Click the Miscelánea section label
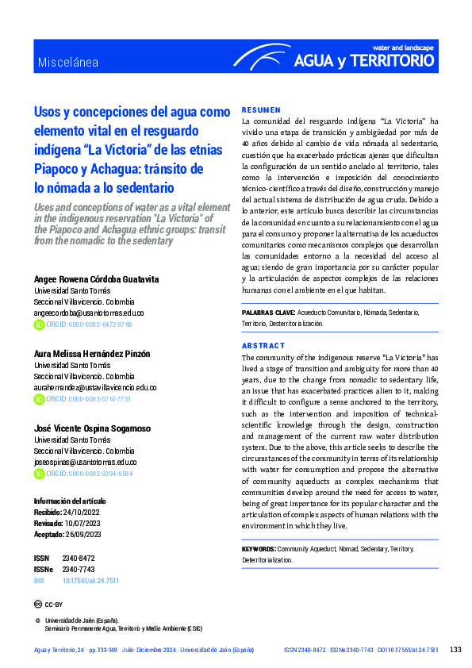pyautogui.click(x=68, y=63)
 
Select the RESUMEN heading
pyautogui.click(x=261, y=109)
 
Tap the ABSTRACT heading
pyautogui.click(x=263, y=346)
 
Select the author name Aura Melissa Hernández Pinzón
pyautogui.click(x=92, y=354)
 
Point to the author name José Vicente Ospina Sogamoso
pyautogui.click(x=92, y=428)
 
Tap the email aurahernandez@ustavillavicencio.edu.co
pyautogui.click(x=95, y=387)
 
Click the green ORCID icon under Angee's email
pyautogui.click(x=39, y=324)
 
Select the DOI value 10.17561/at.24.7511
pyautogui.click(x=90, y=581)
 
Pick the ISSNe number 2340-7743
pyautogui.click(x=79, y=570)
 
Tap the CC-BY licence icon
pyautogui.click(x=39, y=605)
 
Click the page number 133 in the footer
pyautogui.click(x=455, y=650)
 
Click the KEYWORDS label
pyautogui.click(x=259, y=549)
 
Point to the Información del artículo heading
pyautogui.click(x=70, y=501)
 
